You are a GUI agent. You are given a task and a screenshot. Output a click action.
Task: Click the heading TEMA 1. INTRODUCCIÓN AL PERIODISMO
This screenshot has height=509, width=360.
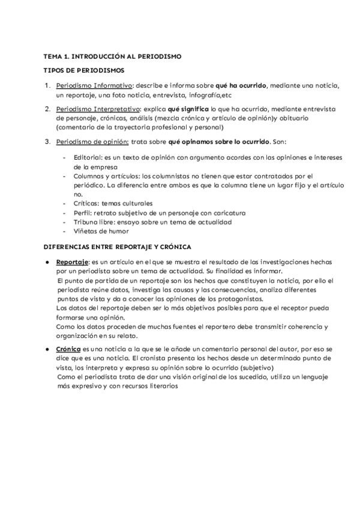click(112, 56)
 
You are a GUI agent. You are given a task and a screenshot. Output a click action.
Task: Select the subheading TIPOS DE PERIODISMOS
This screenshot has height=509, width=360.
click(84, 71)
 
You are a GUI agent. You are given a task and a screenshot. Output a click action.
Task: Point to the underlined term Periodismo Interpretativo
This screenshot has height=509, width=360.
click(98, 109)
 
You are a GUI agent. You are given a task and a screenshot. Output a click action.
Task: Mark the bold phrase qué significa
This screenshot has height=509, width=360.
click(188, 109)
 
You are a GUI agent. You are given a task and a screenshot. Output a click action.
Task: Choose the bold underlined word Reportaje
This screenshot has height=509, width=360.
click(72, 262)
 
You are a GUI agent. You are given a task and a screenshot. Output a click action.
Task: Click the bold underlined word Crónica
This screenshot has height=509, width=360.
click(68, 349)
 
